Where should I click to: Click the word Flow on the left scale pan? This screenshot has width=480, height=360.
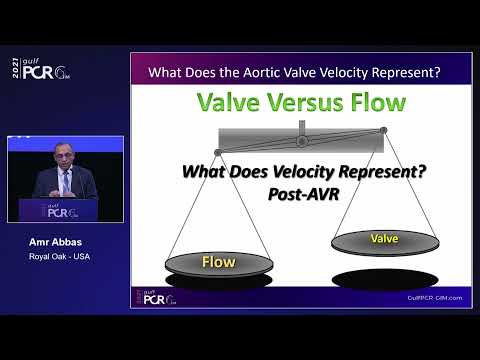tap(218, 262)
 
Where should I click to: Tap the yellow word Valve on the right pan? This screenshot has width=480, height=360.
tap(384, 239)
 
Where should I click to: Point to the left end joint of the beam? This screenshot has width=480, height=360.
tap(218, 152)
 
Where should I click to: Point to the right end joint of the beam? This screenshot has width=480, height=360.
tap(384, 130)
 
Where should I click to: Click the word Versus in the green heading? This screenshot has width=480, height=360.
tap(300, 104)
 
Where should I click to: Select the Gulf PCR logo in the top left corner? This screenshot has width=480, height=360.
tap(37, 71)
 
